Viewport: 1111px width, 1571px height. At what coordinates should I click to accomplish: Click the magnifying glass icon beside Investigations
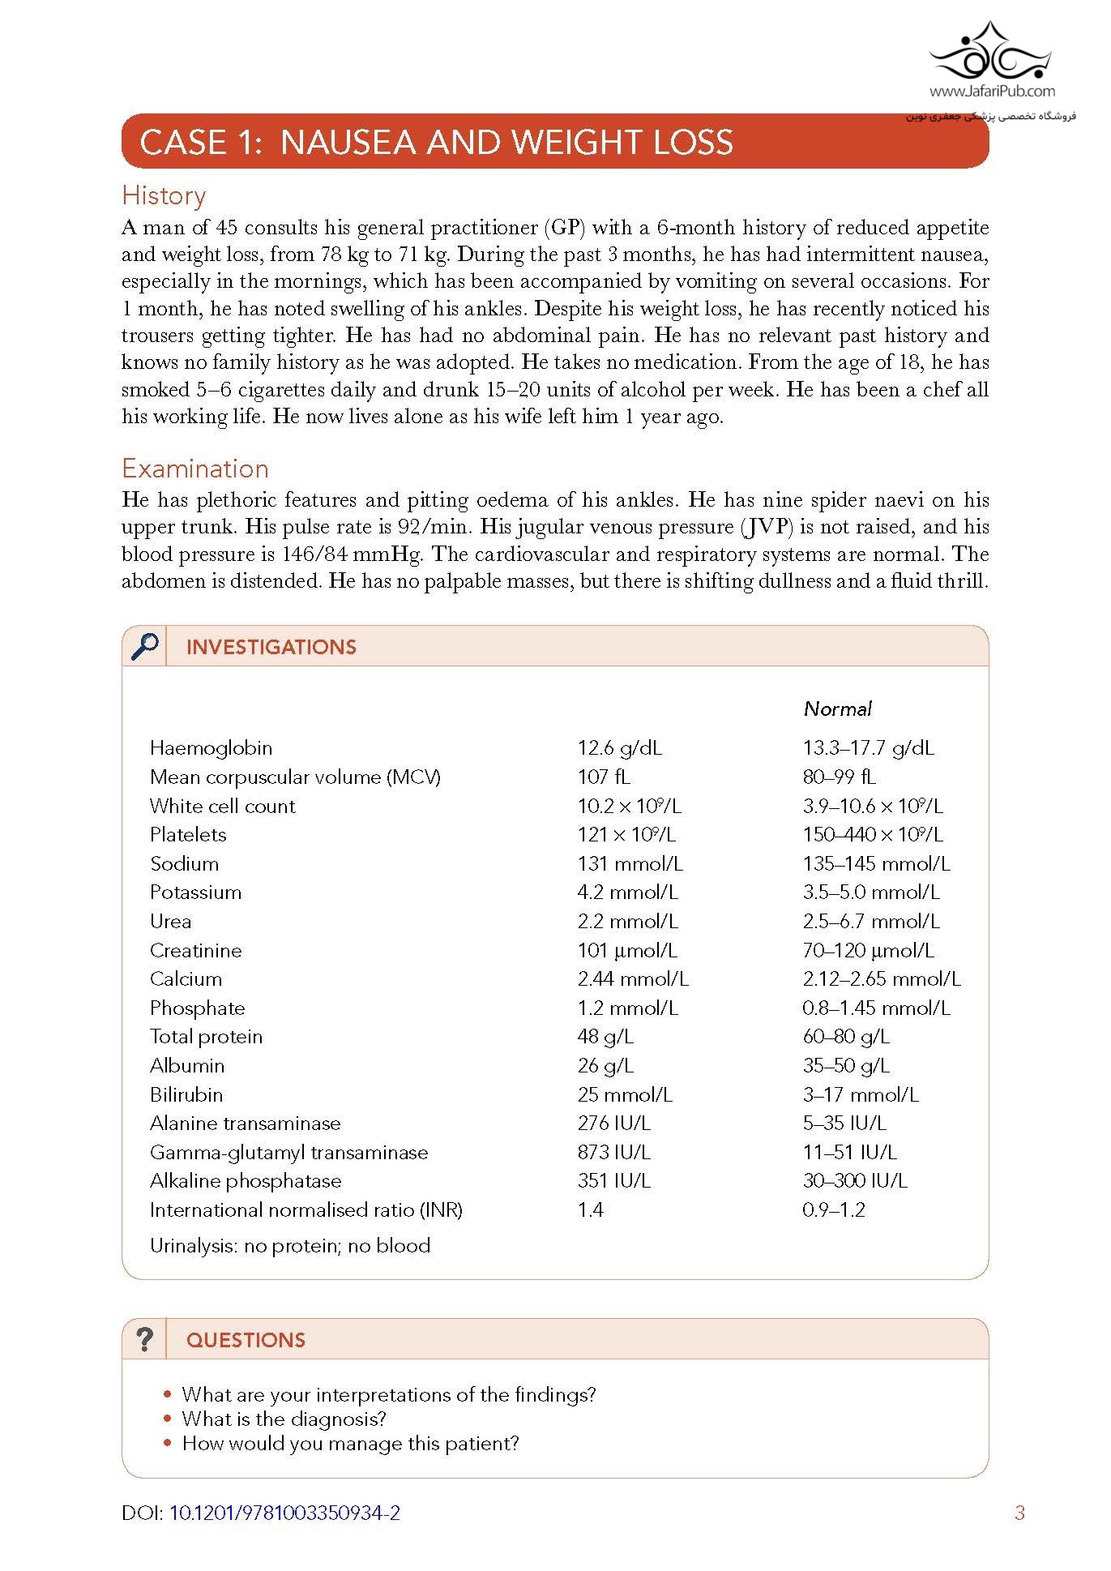pyautogui.click(x=144, y=646)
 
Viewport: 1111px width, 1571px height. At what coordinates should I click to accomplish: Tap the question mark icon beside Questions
pyautogui.click(x=144, y=1339)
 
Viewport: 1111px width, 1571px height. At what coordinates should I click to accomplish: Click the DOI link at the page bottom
pyautogui.click(x=284, y=1513)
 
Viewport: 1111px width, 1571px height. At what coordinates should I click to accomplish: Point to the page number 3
pyautogui.click(x=1019, y=1513)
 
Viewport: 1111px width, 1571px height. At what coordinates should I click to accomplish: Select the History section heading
pyautogui.click(x=164, y=195)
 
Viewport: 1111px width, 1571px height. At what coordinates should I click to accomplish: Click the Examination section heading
pyautogui.click(x=194, y=469)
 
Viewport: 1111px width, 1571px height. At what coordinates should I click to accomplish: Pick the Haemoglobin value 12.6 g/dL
pyautogui.click(x=619, y=747)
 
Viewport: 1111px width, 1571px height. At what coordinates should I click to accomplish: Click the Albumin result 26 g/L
pyautogui.click(x=605, y=1065)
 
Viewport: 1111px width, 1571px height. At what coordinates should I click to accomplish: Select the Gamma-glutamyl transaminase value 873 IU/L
pyautogui.click(x=613, y=1152)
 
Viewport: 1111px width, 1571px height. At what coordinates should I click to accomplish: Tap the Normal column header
pyautogui.click(x=837, y=708)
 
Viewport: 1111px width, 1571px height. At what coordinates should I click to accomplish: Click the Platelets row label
pyautogui.click(x=188, y=834)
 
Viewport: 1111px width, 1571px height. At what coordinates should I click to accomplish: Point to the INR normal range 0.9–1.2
pyautogui.click(x=833, y=1209)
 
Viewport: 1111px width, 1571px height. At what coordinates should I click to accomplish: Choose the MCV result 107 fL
pyautogui.click(x=603, y=777)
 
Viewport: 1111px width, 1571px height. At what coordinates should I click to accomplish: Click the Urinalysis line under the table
pyautogui.click(x=289, y=1245)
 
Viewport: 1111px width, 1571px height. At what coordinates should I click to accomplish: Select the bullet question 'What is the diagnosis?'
pyautogui.click(x=284, y=1419)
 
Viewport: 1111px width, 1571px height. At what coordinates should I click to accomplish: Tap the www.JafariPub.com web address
pyautogui.click(x=992, y=92)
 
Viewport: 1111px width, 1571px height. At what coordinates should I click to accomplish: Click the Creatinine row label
pyautogui.click(x=195, y=950)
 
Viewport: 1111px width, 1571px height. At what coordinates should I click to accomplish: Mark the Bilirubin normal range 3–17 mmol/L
pyautogui.click(x=860, y=1094)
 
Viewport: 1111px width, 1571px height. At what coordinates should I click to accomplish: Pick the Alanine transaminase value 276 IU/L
pyautogui.click(x=613, y=1123)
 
